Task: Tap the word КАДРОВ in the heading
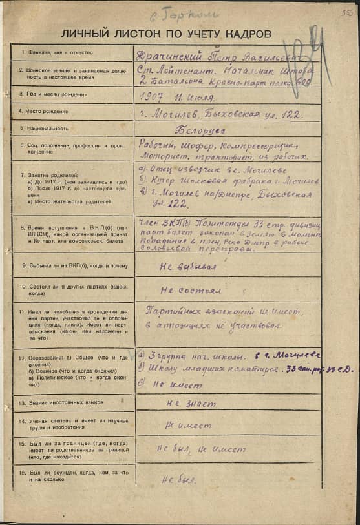248,34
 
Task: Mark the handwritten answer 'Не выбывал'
187,265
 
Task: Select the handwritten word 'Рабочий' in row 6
156,145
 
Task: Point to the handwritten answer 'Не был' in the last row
178,479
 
